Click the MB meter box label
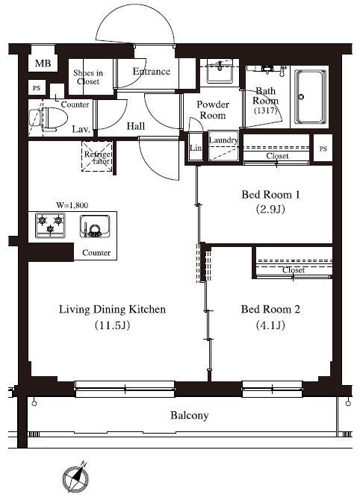(43, 63)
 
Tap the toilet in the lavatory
(49, 119)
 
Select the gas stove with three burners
(51, 225)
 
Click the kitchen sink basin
(95, 226)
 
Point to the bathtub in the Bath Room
(310, 97)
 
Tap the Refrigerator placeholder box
(97, 157)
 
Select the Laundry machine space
(223, 146)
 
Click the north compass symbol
(76, 477)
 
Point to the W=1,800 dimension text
(72, 205)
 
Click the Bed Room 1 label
(270, 195)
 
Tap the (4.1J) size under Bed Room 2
(270, 325)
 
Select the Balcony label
(190, 415)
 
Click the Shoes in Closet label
(88, 77)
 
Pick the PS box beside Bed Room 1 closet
(323, 149)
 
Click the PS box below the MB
(37, 88)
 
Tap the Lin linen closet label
(196, 148)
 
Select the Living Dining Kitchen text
(112, 309)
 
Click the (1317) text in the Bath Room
(266, 110)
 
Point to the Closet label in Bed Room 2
(294, 270)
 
